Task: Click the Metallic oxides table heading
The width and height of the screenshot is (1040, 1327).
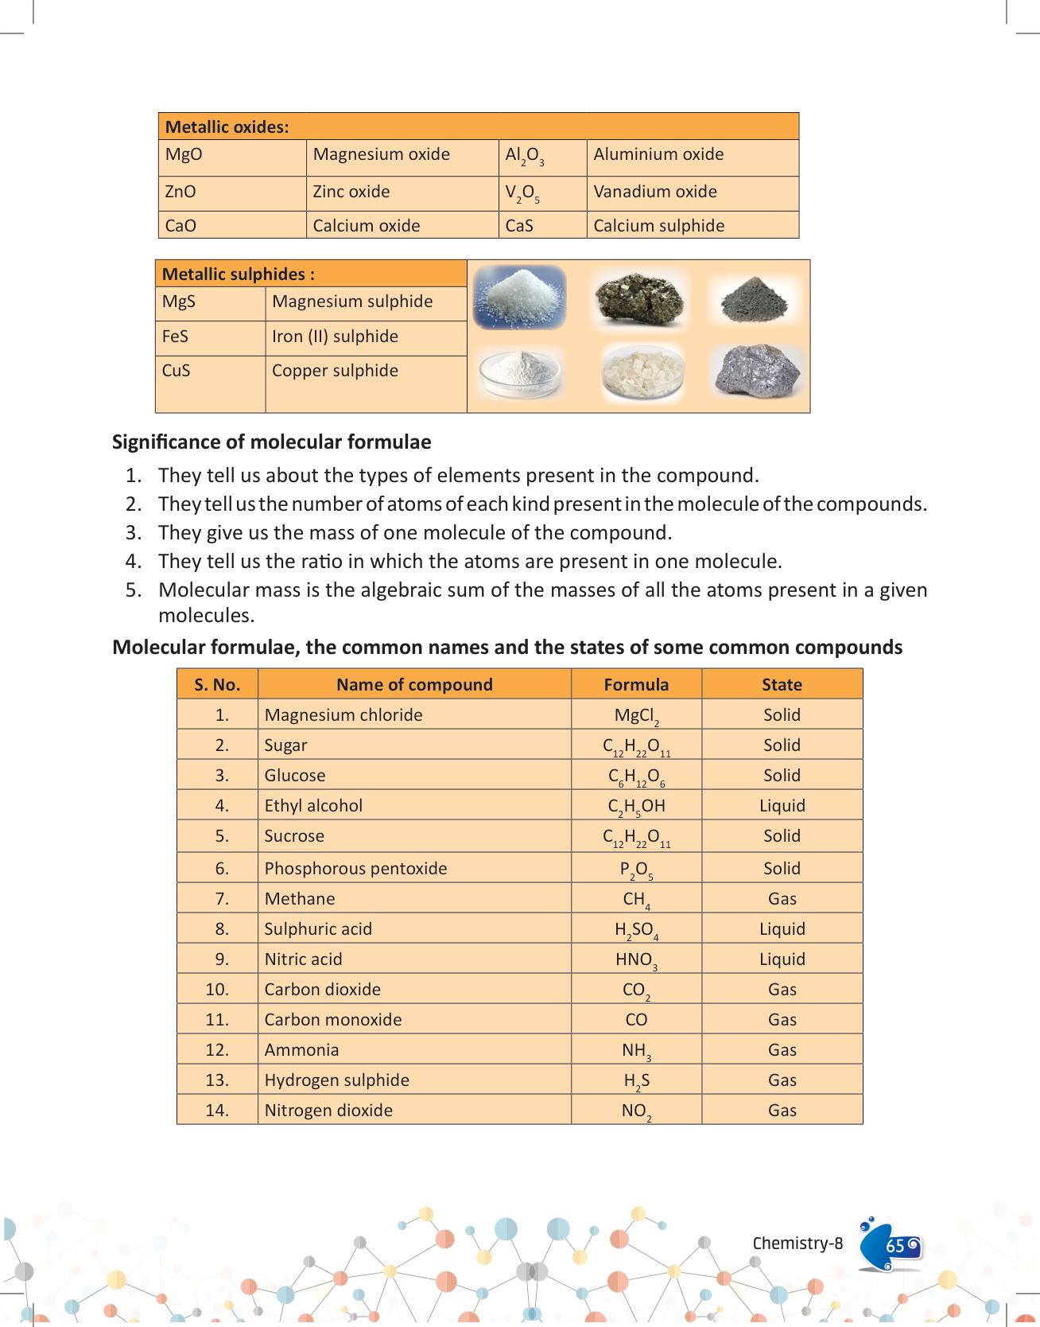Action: (227, 127)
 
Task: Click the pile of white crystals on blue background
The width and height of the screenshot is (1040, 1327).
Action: (520, 297)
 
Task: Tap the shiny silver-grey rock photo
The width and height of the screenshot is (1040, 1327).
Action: (758, 371)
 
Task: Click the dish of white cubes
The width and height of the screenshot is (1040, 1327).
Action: (642, 373)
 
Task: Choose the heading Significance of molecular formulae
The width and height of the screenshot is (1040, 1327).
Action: (272, 442)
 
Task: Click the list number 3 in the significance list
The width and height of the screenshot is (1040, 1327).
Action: (134, 533)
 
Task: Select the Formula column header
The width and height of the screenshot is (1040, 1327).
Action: (636, 685)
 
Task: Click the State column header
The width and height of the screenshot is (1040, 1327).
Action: (782, 685)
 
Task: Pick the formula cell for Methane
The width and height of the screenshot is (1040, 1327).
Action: (636, 900)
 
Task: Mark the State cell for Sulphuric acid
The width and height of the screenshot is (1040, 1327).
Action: (782, 929)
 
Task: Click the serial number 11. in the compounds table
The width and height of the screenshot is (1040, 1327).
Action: (217, 1020)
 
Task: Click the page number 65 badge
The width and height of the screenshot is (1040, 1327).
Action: (894, 1246)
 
